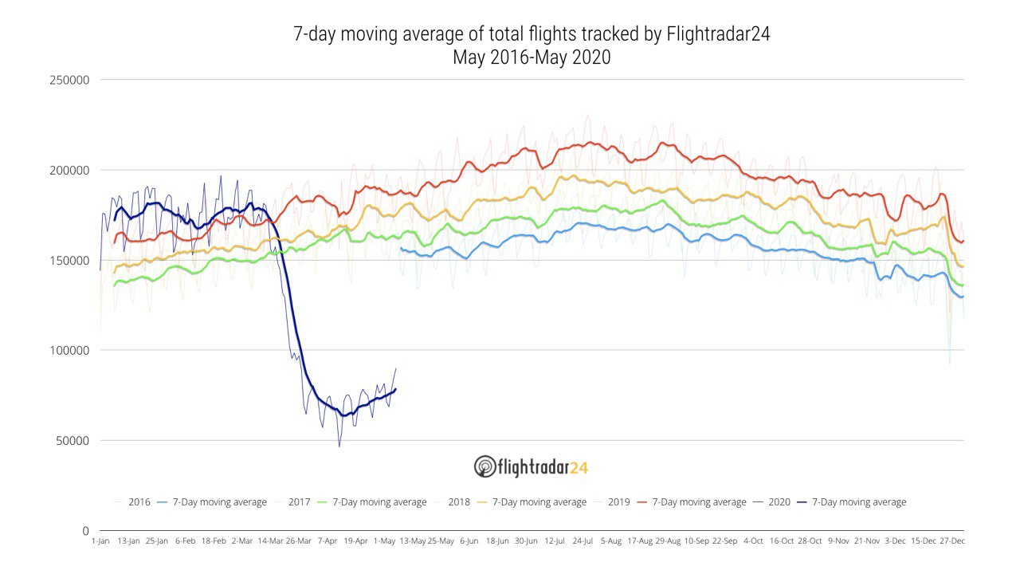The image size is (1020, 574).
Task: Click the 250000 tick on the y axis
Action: [x=69, y=81]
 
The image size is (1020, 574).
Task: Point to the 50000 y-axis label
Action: [x=73, y=441]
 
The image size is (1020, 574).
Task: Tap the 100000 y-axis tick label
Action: [x=69, y=351]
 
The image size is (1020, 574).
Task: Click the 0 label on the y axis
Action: [x=85, y=531]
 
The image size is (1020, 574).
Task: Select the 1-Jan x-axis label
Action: [x=100, y=541]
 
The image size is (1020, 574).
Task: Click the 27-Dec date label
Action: [x=952, y=541]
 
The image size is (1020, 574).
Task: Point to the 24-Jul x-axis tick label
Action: [x=583, y=541]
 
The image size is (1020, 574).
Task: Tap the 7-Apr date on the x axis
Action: [x=328, y=541]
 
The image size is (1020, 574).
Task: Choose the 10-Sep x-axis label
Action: [x=696, y=541]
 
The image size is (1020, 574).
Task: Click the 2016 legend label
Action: [x=139, y=502]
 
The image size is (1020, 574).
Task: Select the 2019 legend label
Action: [x=619, y=502]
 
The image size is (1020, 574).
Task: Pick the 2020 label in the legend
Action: [x=779, y=502]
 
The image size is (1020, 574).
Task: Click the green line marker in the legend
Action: [x=323, y=502]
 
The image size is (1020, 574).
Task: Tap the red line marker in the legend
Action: [x=642, y=502]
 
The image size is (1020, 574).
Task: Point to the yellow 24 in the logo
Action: [x=579, y=468]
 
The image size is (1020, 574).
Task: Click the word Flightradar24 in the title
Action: [x=718, y=34]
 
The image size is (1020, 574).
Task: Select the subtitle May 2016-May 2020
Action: [x=532, y=58]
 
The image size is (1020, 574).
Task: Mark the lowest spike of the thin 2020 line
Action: [x=339, y=446]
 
